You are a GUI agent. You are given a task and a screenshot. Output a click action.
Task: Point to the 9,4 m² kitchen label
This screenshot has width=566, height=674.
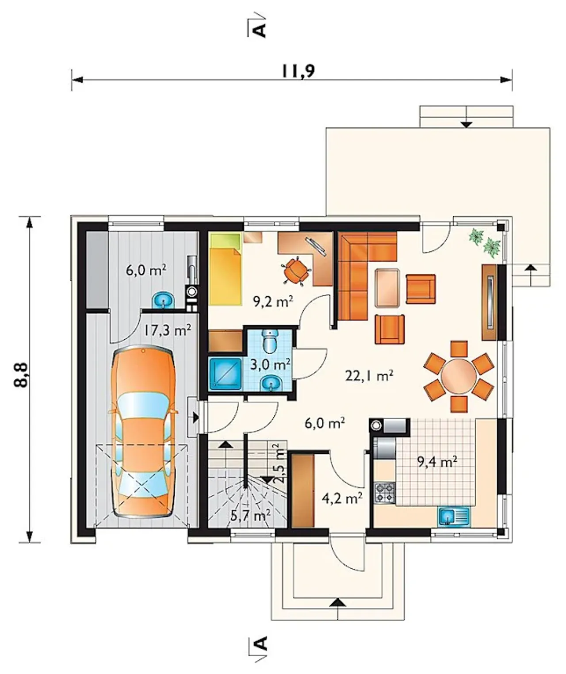click(437, 462)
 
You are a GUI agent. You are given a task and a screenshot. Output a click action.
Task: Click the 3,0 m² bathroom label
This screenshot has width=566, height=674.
click(271, 365)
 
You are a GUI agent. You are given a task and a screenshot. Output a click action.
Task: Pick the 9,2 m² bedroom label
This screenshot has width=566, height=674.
click(273, 302)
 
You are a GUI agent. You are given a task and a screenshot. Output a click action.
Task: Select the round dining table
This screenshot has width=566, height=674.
click(459, 376)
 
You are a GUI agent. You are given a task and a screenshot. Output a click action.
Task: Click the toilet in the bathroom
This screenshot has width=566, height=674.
click(269, 342)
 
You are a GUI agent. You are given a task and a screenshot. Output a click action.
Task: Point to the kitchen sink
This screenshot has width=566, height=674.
click(454, 516)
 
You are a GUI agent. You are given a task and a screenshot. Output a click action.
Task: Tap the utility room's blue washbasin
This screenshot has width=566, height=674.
click(164, 300)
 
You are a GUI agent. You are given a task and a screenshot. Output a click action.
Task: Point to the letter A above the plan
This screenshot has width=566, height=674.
click(260, 30)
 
